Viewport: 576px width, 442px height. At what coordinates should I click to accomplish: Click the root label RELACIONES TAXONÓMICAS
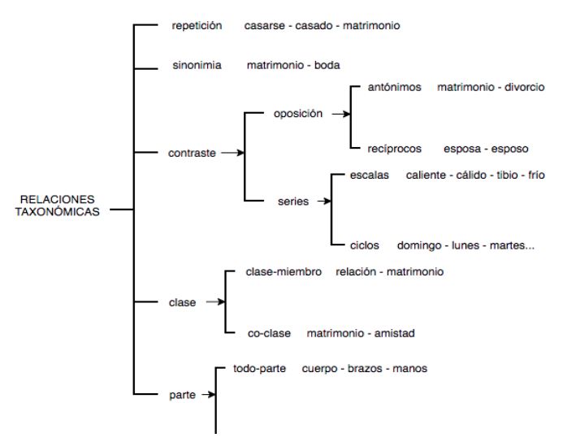tap(57, 206)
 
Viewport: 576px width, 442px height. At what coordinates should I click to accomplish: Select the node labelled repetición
tap(197, 26)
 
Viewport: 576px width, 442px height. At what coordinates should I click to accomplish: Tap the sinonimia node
tap(197, 65)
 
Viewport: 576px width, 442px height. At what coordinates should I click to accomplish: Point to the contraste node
tap(192, 153)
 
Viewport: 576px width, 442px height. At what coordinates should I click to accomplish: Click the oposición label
tap(298, 114)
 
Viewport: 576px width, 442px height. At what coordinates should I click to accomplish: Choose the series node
tap(293, 201)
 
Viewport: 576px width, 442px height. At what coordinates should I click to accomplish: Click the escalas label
tap(370, 175)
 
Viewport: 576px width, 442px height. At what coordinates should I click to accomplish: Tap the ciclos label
tap(365, 245)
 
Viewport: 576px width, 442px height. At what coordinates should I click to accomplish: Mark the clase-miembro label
tap(284, 271)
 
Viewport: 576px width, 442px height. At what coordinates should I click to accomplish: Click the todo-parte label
tap(261, 368)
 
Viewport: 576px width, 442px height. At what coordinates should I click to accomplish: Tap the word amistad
tap(400, 333)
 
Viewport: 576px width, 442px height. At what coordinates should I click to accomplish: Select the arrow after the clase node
tap(214, 302)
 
